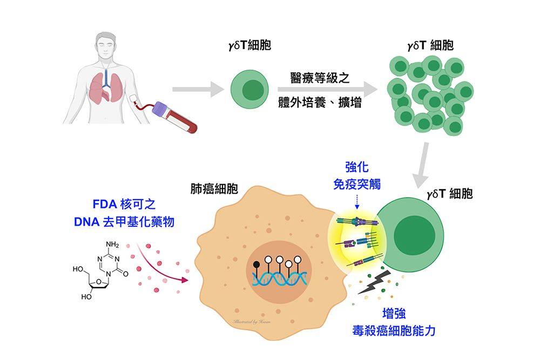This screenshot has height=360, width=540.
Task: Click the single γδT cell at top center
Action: pos(249,90)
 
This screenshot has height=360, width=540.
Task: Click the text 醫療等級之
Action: pos(320,78)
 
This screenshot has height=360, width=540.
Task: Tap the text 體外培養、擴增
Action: pos(320,103)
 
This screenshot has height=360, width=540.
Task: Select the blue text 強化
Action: pos(357,168)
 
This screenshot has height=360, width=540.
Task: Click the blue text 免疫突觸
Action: pos(357,185)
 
